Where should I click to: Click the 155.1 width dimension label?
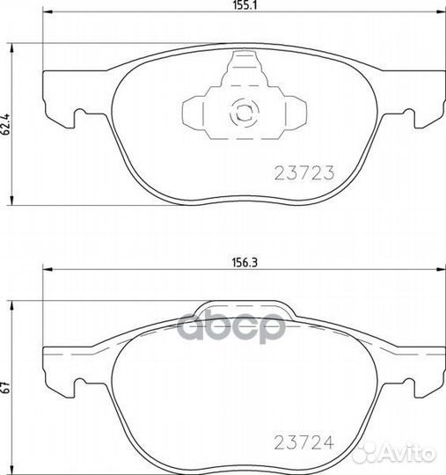[x=242, y=5]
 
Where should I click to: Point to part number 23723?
[x=311, y=173]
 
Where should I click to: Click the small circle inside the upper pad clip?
[x=240, y=112]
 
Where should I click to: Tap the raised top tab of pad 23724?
[x=243, y=310]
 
